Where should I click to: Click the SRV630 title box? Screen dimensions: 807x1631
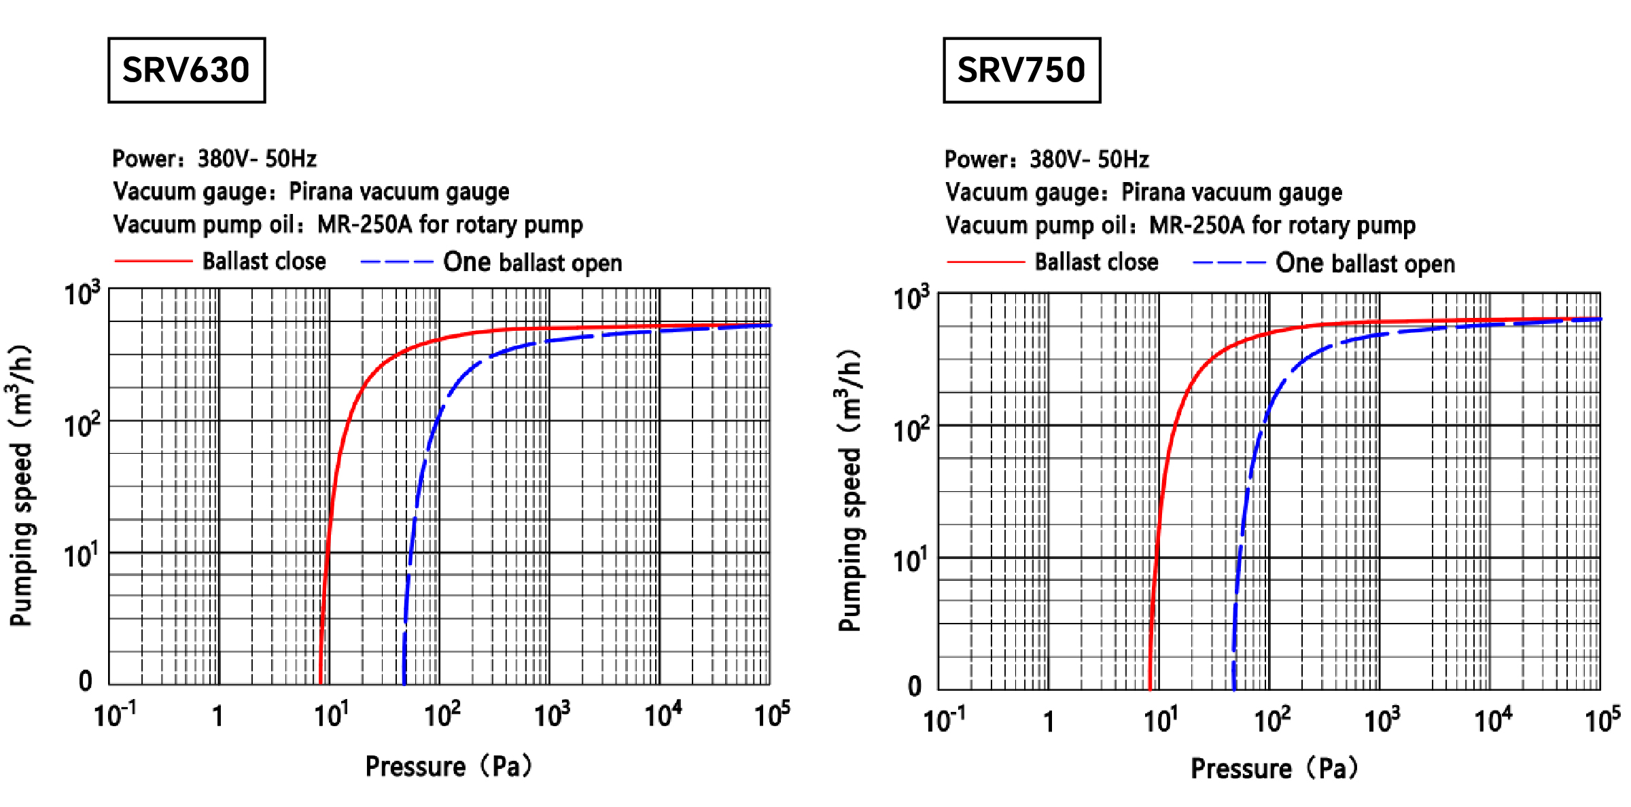186,70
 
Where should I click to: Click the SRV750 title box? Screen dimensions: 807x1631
1021,70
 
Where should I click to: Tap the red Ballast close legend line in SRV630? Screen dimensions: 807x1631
154,261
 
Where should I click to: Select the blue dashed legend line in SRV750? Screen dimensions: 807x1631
1229,263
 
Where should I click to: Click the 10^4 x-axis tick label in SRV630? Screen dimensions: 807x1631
663,715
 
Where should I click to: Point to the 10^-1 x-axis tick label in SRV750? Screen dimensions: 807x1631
943,719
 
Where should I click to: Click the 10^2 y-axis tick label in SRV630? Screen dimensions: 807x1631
82,425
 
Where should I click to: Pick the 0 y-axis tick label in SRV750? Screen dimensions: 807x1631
915,686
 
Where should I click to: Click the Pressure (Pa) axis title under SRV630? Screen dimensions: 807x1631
449,766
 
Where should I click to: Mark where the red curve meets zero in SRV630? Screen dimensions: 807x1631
320,683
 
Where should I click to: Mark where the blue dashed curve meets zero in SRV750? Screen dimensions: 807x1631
1233,688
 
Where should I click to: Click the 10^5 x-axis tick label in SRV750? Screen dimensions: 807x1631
1602,719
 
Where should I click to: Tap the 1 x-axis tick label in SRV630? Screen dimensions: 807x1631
217,716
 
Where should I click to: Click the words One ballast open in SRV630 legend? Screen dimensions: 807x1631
532,262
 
